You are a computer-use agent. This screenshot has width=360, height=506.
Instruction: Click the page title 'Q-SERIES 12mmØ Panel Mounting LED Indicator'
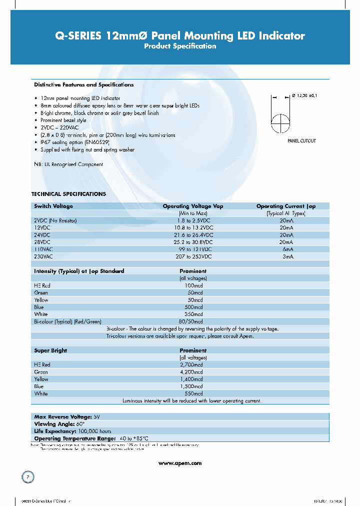click(179, 35)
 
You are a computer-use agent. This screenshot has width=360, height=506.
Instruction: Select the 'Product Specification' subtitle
click(179, 46)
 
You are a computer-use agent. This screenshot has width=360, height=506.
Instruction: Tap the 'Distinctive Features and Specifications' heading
click(83, 85)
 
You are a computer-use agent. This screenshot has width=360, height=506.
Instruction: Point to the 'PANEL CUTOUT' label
click(301, 141)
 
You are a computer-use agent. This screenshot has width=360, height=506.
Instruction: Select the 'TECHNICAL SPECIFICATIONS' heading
click(68, 194)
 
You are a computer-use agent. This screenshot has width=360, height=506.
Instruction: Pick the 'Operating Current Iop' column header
click(286, 206)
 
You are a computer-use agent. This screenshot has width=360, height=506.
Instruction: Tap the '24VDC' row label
click(42, 234)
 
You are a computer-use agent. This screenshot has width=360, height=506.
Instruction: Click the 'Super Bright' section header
click(50, 350)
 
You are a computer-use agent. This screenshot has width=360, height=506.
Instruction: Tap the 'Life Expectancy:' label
click(54, 431)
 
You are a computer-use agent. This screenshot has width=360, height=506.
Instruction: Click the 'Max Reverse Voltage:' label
click(62, 416)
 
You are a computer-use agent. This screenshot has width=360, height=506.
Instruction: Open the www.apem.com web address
click(179, 463)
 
